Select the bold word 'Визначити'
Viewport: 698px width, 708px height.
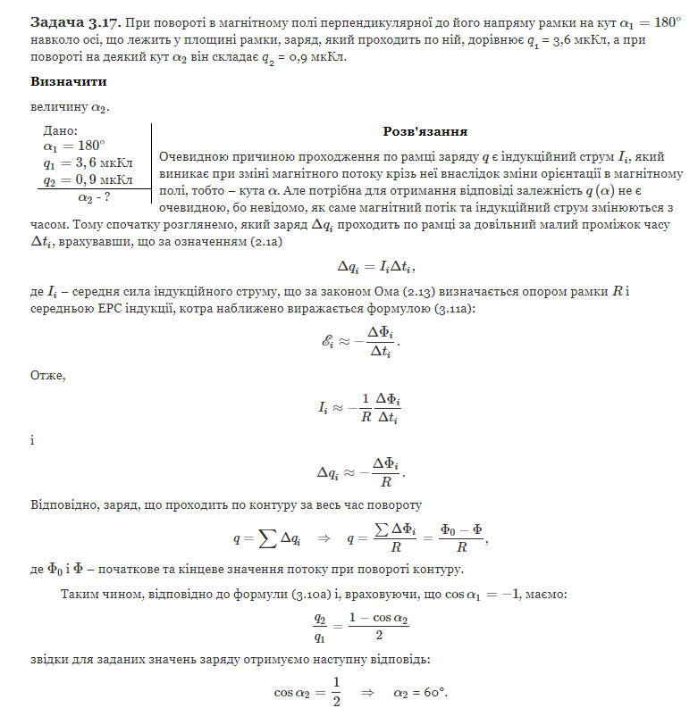pos(69,81)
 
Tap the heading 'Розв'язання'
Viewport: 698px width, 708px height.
pos(425,131)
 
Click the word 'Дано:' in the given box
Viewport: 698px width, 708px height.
pos(61,131)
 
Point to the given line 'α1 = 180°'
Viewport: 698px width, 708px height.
pos(74,146)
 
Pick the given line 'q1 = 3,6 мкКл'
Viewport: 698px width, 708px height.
pos(88,163)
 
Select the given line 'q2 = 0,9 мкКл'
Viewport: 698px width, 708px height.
pos(88,180)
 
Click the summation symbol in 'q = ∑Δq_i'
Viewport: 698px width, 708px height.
pos(266,538)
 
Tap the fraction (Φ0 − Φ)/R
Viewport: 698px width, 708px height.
pos(458,538)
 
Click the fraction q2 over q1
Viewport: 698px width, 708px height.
pos(319,627)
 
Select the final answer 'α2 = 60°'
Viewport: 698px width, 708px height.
pos(420,691)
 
